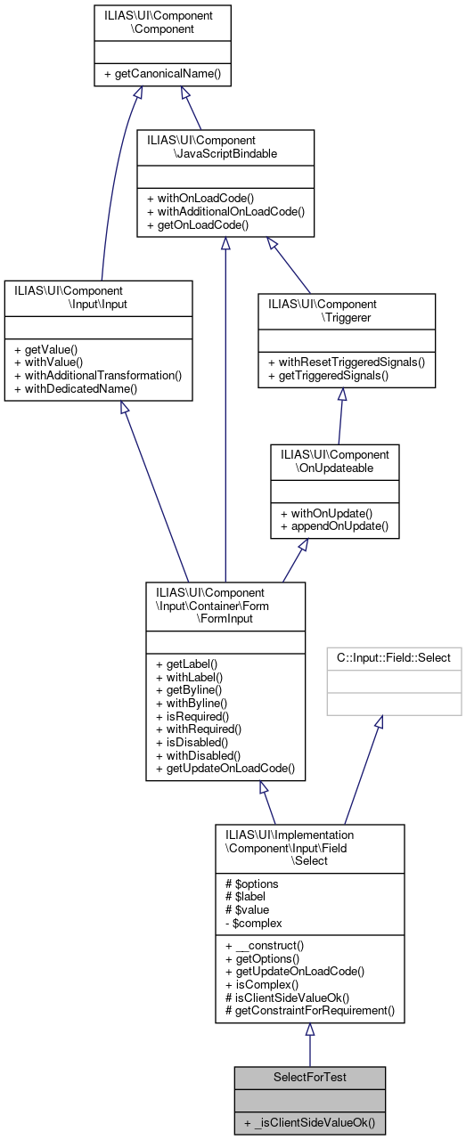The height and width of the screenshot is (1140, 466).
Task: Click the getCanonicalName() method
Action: pos(162,74)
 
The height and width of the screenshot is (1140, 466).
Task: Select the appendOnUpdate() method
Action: pos(326,526)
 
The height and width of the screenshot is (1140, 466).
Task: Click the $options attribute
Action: pos(253,883)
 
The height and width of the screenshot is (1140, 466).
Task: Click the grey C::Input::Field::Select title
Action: pos(394,658)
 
